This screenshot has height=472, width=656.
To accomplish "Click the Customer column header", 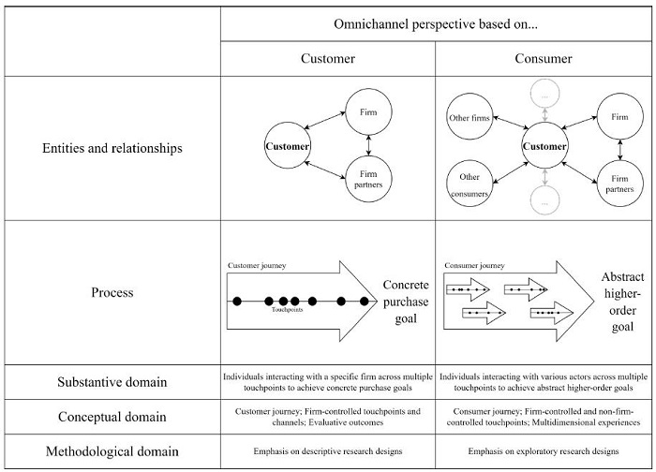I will point(327,58).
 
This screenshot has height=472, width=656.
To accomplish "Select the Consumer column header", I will point(544,58).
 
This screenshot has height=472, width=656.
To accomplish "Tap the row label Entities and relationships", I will point(113,148).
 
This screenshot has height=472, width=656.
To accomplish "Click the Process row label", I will point(113,292).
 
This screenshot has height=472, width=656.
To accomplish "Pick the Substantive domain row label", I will point(113,381).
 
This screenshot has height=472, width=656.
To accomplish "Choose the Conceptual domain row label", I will point(113,416).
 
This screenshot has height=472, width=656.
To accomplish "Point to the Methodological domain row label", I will point(113,450).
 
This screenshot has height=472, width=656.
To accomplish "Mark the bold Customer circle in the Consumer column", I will point(544,147).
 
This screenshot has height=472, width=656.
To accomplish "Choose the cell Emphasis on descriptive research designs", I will point(327,450).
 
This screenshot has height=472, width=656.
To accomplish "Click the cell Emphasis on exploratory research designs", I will point(544,450).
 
